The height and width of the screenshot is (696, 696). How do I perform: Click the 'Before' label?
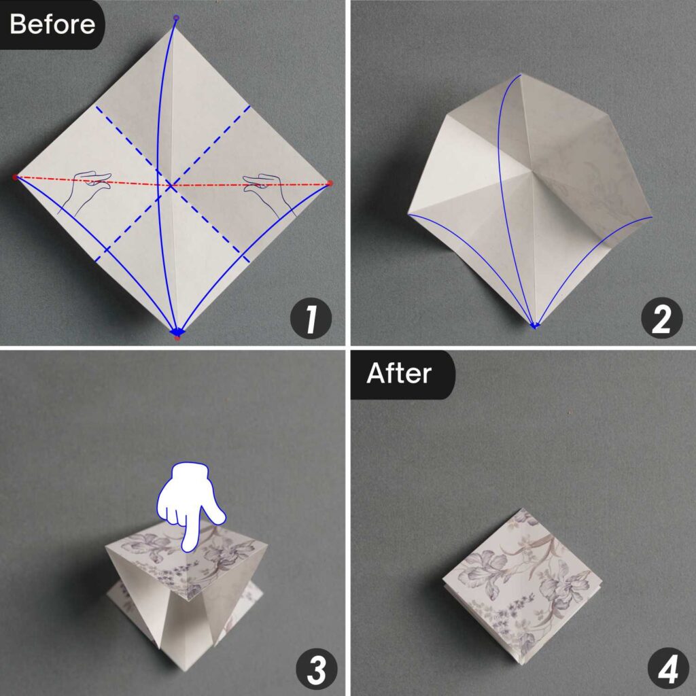tap(51, 24)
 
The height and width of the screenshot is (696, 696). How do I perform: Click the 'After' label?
tap(400, 374)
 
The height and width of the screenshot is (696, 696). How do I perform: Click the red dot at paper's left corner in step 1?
tap(15, 177)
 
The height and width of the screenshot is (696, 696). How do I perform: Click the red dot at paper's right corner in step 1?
tap(330, 183)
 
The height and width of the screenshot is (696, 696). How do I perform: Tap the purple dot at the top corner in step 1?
tap(176, 18)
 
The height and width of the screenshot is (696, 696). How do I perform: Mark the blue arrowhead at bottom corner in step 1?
tap(177, 332)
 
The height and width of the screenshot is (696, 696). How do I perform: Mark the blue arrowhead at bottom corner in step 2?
tap(535, 326)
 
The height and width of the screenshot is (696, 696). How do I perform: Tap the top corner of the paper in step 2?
tap(520, 73)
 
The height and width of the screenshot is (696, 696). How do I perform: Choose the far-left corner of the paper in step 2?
tap(408, 215)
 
